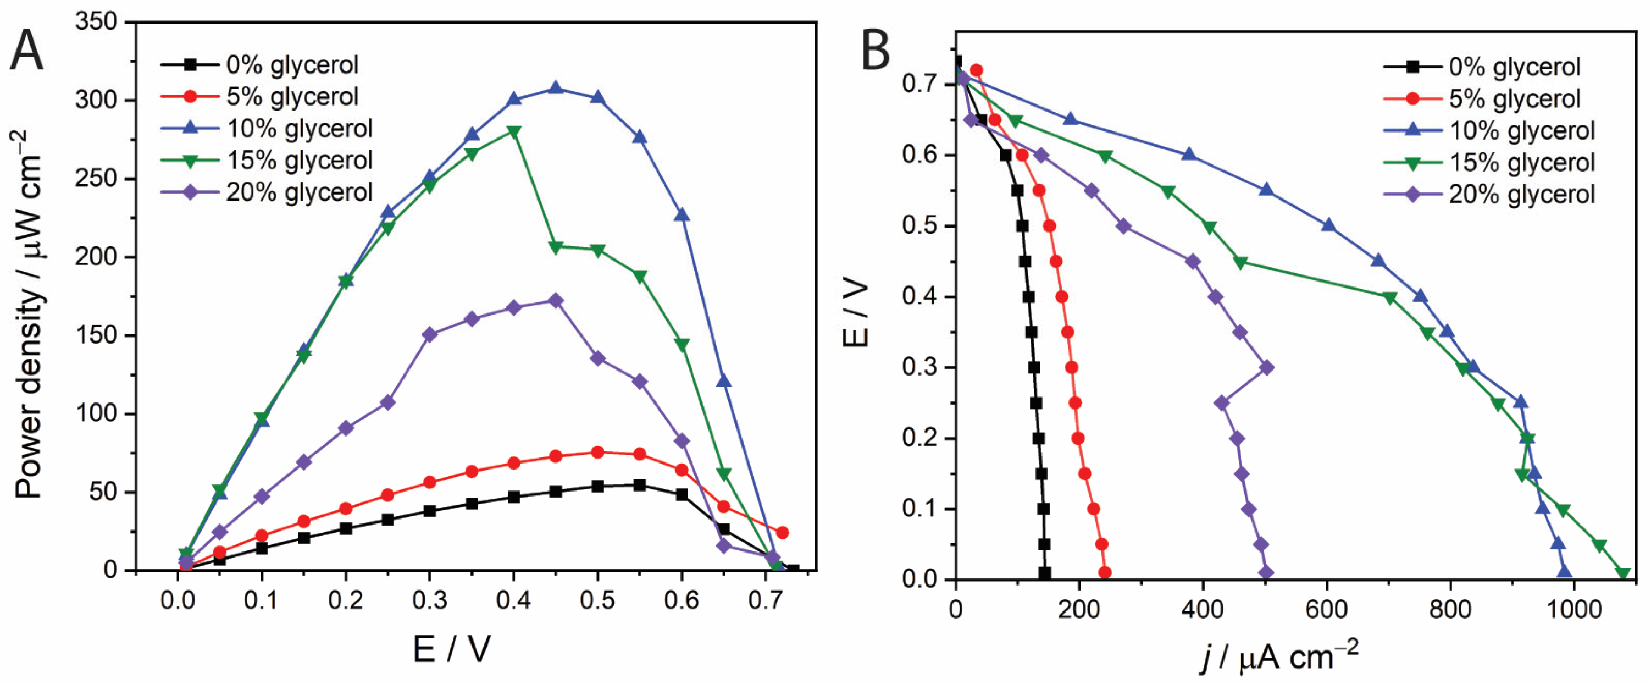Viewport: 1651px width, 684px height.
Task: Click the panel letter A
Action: tap(27, 51)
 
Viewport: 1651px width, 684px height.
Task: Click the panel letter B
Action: tap(876, 51)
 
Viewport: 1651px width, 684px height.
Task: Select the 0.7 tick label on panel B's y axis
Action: tap(917, 85)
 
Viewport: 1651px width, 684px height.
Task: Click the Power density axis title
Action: tap(29, 314)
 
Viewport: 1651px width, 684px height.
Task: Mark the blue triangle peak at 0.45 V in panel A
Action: tap(556, 88)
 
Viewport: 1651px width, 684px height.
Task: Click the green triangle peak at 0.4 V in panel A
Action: tap(513, 131)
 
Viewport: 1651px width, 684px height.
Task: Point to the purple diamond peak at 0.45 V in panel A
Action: tap(556, 301)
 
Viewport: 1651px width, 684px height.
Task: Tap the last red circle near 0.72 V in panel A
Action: tap(782, 533)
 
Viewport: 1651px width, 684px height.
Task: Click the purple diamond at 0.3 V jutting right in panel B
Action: tap(1266, 367)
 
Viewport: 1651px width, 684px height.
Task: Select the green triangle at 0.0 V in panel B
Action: tap(1622, 573)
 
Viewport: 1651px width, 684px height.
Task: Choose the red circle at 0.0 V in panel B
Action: tap(1104, 572)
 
